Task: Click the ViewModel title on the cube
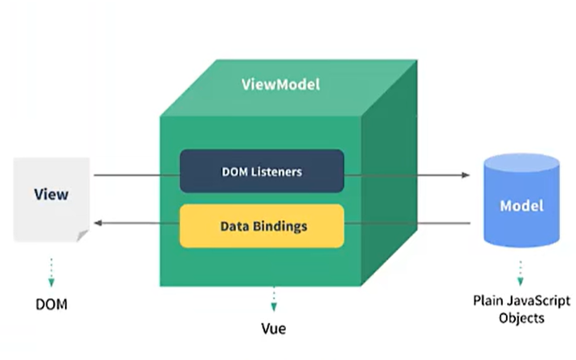coord(280,84)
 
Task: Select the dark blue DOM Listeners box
coord(262,171)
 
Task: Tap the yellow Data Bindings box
coord(262,226)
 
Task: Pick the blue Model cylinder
coord(521,201)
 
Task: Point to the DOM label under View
coord(51,305)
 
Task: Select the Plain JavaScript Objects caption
coord(520,309)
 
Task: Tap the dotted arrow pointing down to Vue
coord(273,298)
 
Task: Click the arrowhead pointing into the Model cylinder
coord(466,174)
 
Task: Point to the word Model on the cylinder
coord(521,206)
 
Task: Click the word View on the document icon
coord(51,194)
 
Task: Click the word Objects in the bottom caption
coord(520,318)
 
